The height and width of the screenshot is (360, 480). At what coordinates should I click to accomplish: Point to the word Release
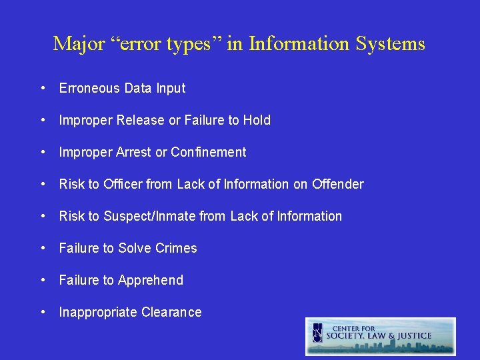(141, 120)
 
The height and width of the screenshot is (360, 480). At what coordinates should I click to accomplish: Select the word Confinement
(209, 152)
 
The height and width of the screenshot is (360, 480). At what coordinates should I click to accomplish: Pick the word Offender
(337, 184)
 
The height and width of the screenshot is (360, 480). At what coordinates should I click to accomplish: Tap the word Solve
(135, 248)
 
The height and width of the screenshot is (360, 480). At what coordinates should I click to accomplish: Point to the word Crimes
(176, 248)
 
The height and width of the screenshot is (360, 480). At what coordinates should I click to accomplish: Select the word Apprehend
(151, 280)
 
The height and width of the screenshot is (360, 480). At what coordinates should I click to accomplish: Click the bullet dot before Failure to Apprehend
(43, 280)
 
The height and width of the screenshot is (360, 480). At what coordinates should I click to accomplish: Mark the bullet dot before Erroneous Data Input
(43, 88)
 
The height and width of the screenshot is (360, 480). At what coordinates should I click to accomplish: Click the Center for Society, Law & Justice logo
(381, 335)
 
